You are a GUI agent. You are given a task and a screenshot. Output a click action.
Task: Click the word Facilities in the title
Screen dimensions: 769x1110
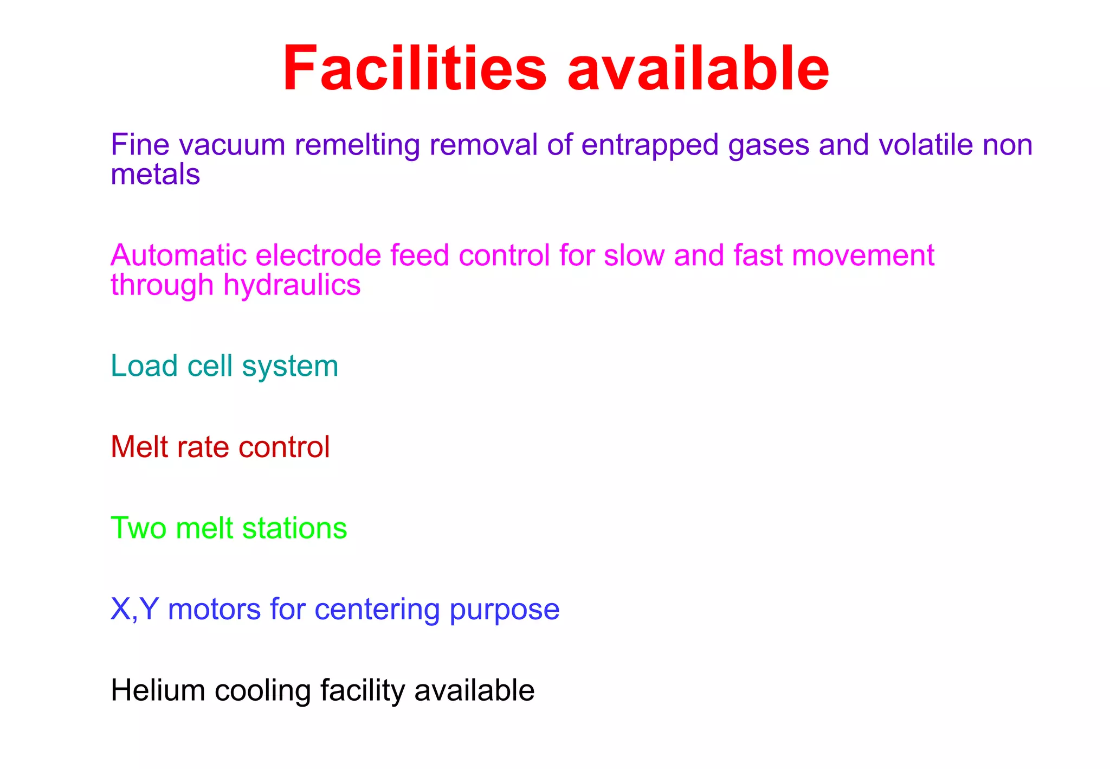(415, 69)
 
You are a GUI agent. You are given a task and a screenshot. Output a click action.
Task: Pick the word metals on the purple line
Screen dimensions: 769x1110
(156, 175)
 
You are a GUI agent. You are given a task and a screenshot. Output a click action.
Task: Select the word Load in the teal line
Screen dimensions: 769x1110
(144, 366)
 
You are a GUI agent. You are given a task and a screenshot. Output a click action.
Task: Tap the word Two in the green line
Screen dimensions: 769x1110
(138, 528)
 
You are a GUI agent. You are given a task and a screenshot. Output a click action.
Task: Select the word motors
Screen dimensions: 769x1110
(215, 610)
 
